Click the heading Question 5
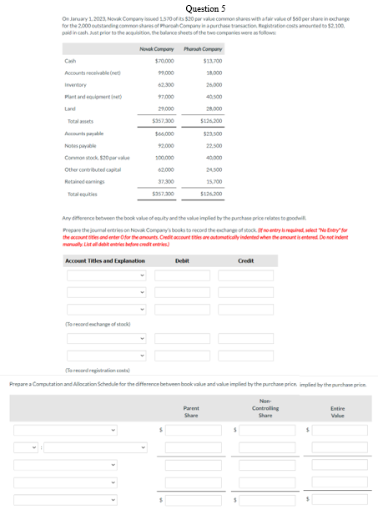[189, 7]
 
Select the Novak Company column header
[157, 49]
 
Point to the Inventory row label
[76, 85]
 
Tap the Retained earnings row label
[84, 181]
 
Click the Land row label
[70, 109]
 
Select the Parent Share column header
[191, 411]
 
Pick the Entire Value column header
[337, 411]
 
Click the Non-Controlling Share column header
[265, 408]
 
